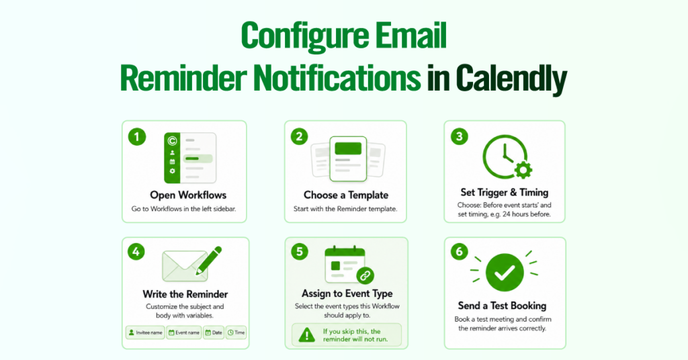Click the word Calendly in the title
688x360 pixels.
[511, 79]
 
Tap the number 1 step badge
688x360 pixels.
[137, 137]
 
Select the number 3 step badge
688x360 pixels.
[460, 136]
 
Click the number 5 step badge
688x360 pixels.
[299, 252]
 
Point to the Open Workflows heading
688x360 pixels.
[188, 195]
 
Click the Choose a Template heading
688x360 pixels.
[346, 195]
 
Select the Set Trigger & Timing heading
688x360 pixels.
[505, 193]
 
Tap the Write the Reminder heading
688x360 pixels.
[185, 294]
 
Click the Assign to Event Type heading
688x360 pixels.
[347, 294]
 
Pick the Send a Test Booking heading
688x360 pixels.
[502, 306]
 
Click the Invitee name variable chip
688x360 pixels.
[145, 333]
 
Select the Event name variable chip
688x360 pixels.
[184, 333]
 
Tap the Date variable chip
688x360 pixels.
[214, 333]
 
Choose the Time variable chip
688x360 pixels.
[236, 333]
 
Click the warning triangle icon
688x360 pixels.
[306, 335]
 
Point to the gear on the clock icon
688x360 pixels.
[523, 170]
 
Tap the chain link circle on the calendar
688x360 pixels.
[365, 276]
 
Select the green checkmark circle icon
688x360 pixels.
[505, 273]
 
